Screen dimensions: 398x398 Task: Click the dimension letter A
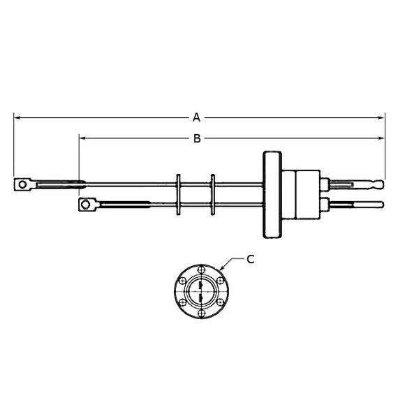click(196, 117)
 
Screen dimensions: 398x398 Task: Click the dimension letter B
click(197, 138)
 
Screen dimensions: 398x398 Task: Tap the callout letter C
click(251, 260)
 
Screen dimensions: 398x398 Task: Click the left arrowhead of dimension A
click(17, 117)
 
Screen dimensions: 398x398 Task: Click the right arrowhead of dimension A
click(381, 117)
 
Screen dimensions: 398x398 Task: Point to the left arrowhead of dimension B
click(82, 138)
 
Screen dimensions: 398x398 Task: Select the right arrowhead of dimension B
click(381, 138)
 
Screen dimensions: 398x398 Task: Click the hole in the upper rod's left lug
click(22, 184)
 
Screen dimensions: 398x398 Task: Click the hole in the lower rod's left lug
click(86, 205)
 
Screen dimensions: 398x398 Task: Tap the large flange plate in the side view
click(272, 195)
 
